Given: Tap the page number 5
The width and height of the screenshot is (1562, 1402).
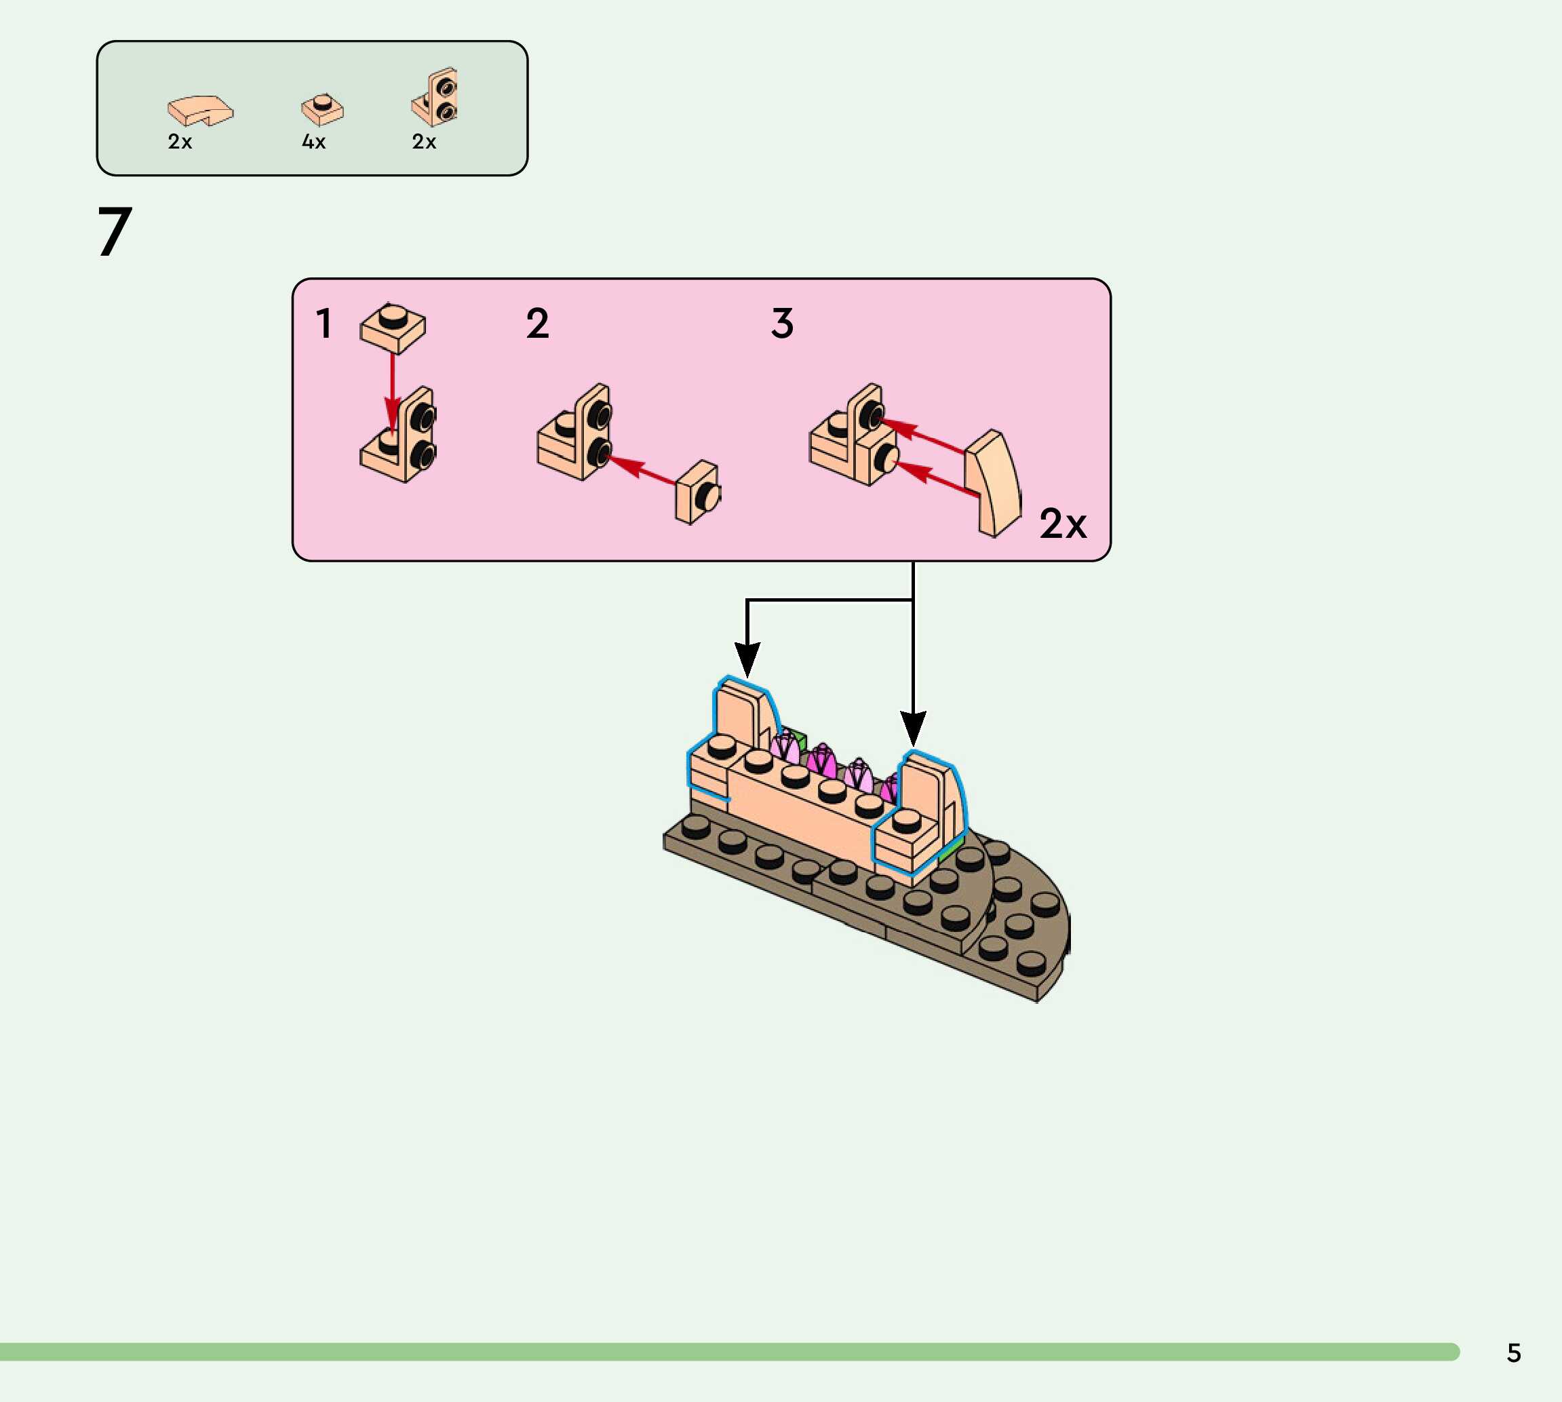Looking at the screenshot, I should pos(1513,1353).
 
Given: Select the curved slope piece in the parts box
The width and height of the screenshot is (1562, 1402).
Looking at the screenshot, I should pos(200,110).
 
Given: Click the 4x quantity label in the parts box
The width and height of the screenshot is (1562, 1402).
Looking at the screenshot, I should pos(313,142).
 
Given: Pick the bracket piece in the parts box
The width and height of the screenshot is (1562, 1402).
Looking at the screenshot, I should pos(436,98).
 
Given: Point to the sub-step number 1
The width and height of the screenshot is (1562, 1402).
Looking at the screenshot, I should pos(324,323).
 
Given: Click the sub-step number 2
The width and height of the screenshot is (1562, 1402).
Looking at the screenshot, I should pos(538,323).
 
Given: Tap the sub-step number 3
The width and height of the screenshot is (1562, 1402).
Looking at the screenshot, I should pos(782,323).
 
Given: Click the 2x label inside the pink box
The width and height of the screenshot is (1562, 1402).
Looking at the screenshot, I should pos(1063,524).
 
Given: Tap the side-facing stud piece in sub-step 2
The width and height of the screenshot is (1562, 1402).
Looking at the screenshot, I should pos(698,493).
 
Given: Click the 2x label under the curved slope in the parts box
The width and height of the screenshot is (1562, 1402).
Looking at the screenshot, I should pos(180,142).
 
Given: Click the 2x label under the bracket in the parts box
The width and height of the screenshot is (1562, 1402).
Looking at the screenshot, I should pos(425,142).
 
